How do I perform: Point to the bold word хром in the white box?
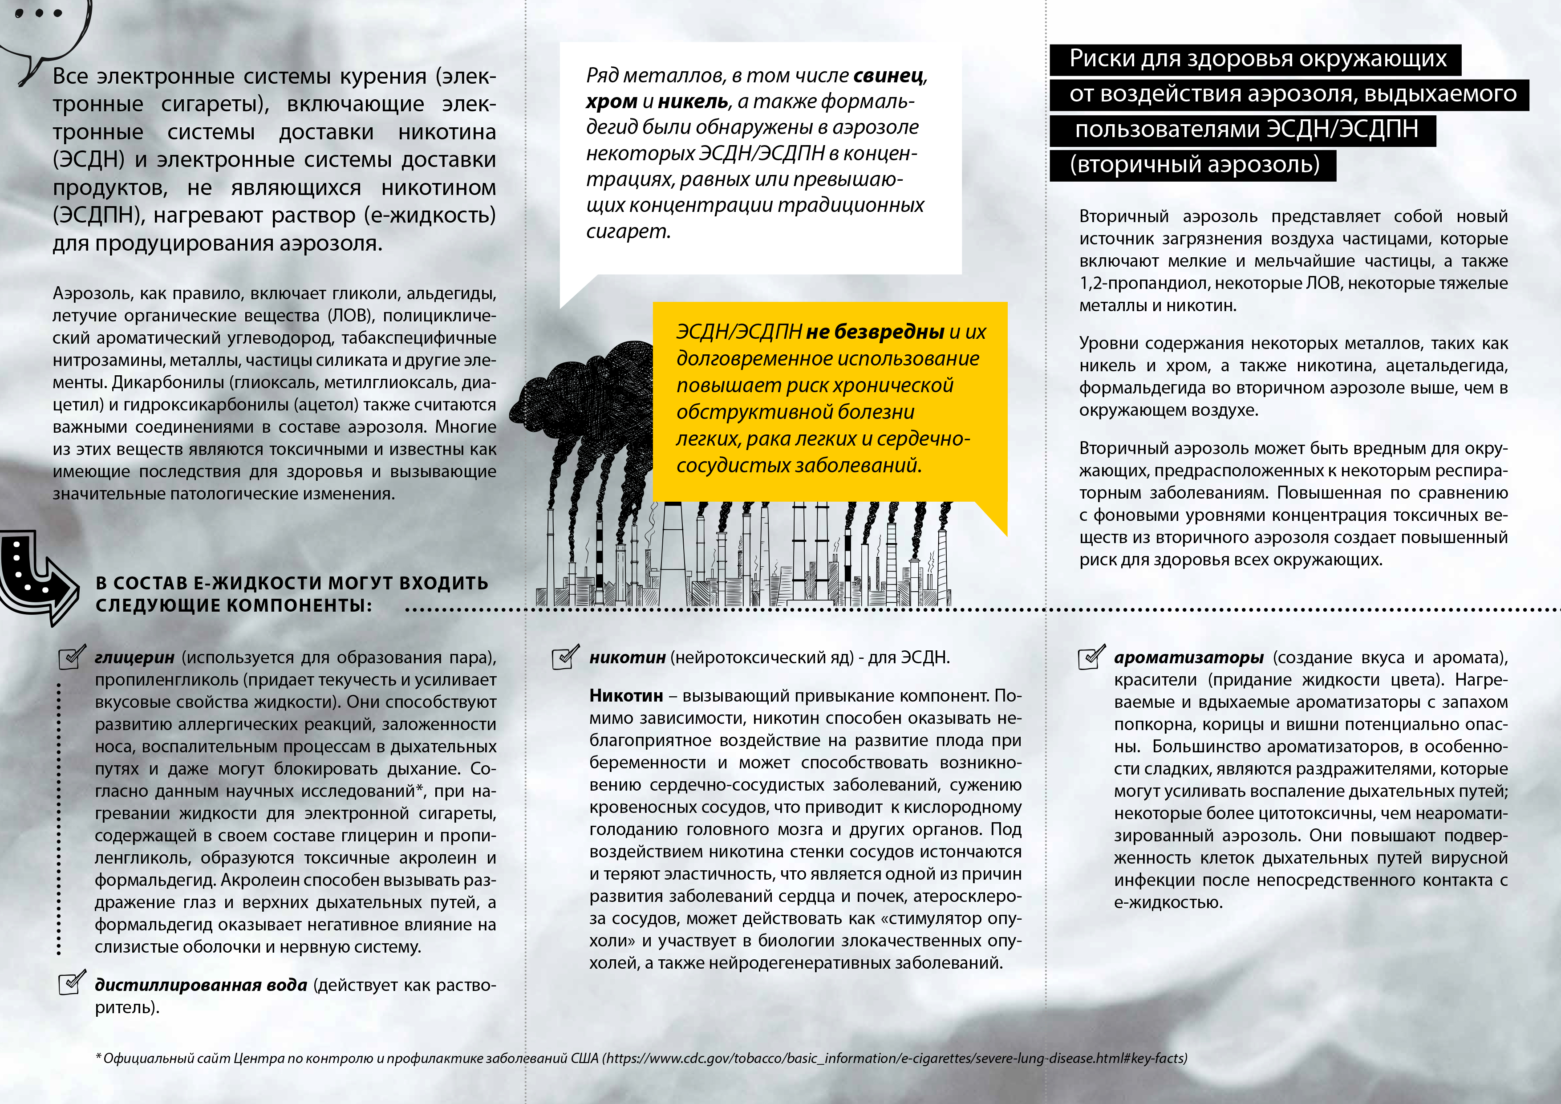click(x=611, y=101)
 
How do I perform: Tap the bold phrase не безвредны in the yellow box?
click(x=875, y=332)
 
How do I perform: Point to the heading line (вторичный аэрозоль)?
click(x=1194, y=165)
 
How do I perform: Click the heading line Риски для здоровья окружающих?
click(x=1258, y=59)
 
